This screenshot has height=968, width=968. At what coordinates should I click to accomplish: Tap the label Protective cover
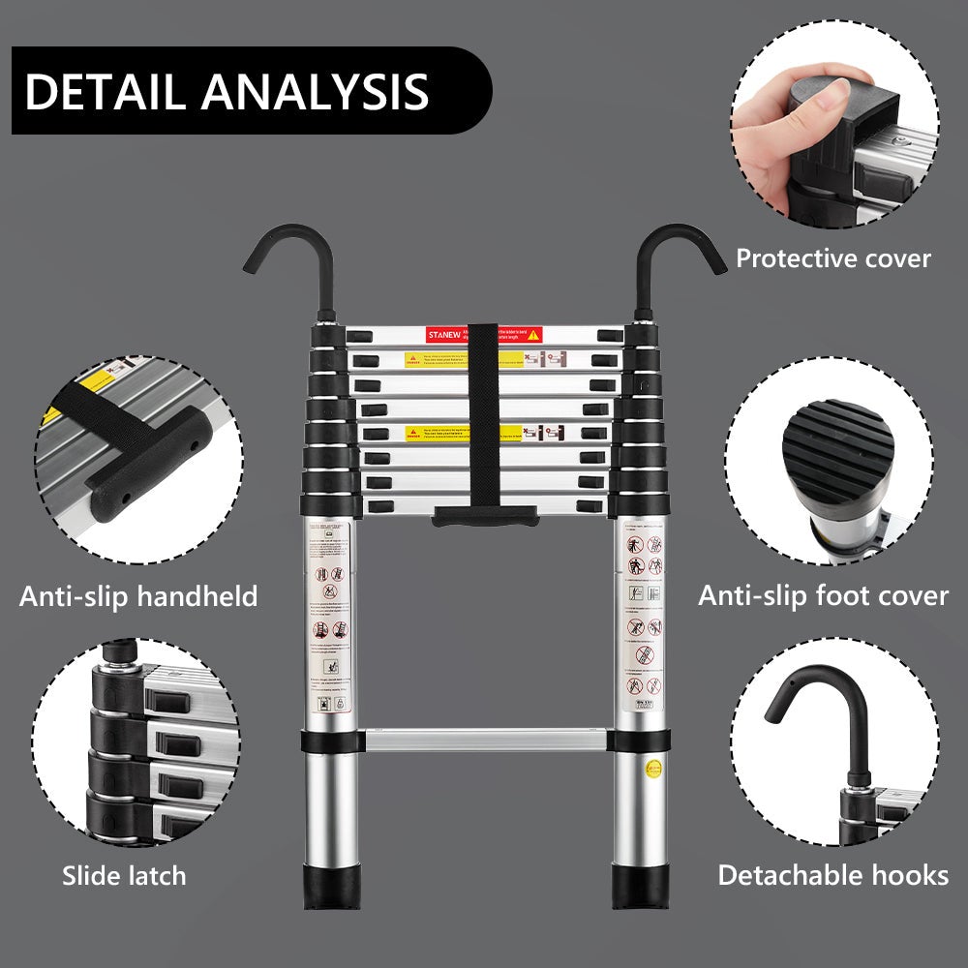(x=832, y=258)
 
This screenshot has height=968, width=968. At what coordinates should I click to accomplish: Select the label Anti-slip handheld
(x=138, y=595)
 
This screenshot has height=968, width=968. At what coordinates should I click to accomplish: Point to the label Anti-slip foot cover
(x=823, y=595)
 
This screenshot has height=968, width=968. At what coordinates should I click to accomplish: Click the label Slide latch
(x=124, y=876)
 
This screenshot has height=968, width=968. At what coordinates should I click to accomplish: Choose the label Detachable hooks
(x=832, y=875)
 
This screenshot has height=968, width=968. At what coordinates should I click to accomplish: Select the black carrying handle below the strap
(x=485, y=515)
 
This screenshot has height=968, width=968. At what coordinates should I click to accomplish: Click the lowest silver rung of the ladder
(x=483, y=741)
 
